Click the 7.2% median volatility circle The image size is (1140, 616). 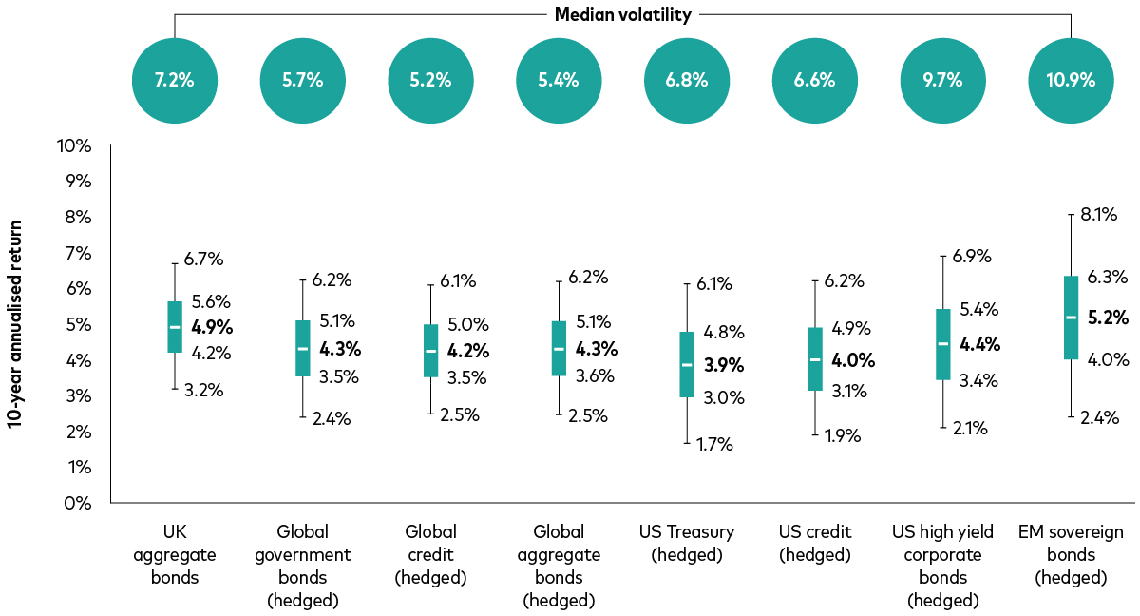pyautogui.click(x=174, y=80)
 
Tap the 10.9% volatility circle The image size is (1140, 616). pyautogui.click(x=1071, y=80)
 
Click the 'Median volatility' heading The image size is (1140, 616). pyautogui.click(x=622, y=14)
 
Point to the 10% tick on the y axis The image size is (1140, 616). pyautogui.click(x=74, y=146)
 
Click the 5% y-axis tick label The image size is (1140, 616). pyautogui.click(x=78, y=325)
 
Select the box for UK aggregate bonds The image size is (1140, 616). pyautogui.click(x=175, y=327)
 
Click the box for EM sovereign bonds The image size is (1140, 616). pyautogui.click(x=1071, y=318)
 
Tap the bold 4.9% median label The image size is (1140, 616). pyautogui.click(x=212, y=327)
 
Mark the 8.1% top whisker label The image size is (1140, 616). pyautogui.click(x=1099, y=214)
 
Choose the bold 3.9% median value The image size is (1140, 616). pyautogui.click(x=724, y=364)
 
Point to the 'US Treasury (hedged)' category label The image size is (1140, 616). pyautogui.click(x=687, y=543)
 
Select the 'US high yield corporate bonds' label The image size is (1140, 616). pyautogui.click(x=941, y=566)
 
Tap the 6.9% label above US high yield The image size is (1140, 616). pyautogui.click(x=971, y=256)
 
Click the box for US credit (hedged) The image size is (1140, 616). pyautogui.click(x=814, y=359)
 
